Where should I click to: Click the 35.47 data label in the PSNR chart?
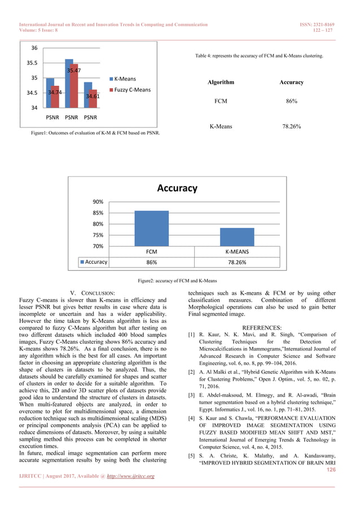[x=73, y=71]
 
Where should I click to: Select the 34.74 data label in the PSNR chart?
[x=55, y=91]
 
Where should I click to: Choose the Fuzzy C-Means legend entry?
[x=132, y=90]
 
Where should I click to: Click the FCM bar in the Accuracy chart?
[x=151, y=228]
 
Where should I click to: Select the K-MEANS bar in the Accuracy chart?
[x=237, y=236]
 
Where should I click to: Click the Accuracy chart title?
[x=177, y=188]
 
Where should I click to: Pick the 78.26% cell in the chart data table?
[x=237, y=262]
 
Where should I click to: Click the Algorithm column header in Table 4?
[x=221, y=82]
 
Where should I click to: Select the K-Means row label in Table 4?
[x=221, y=127]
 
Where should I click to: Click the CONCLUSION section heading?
[x=98, y=293]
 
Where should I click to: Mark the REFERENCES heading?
[x=261, y=327]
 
